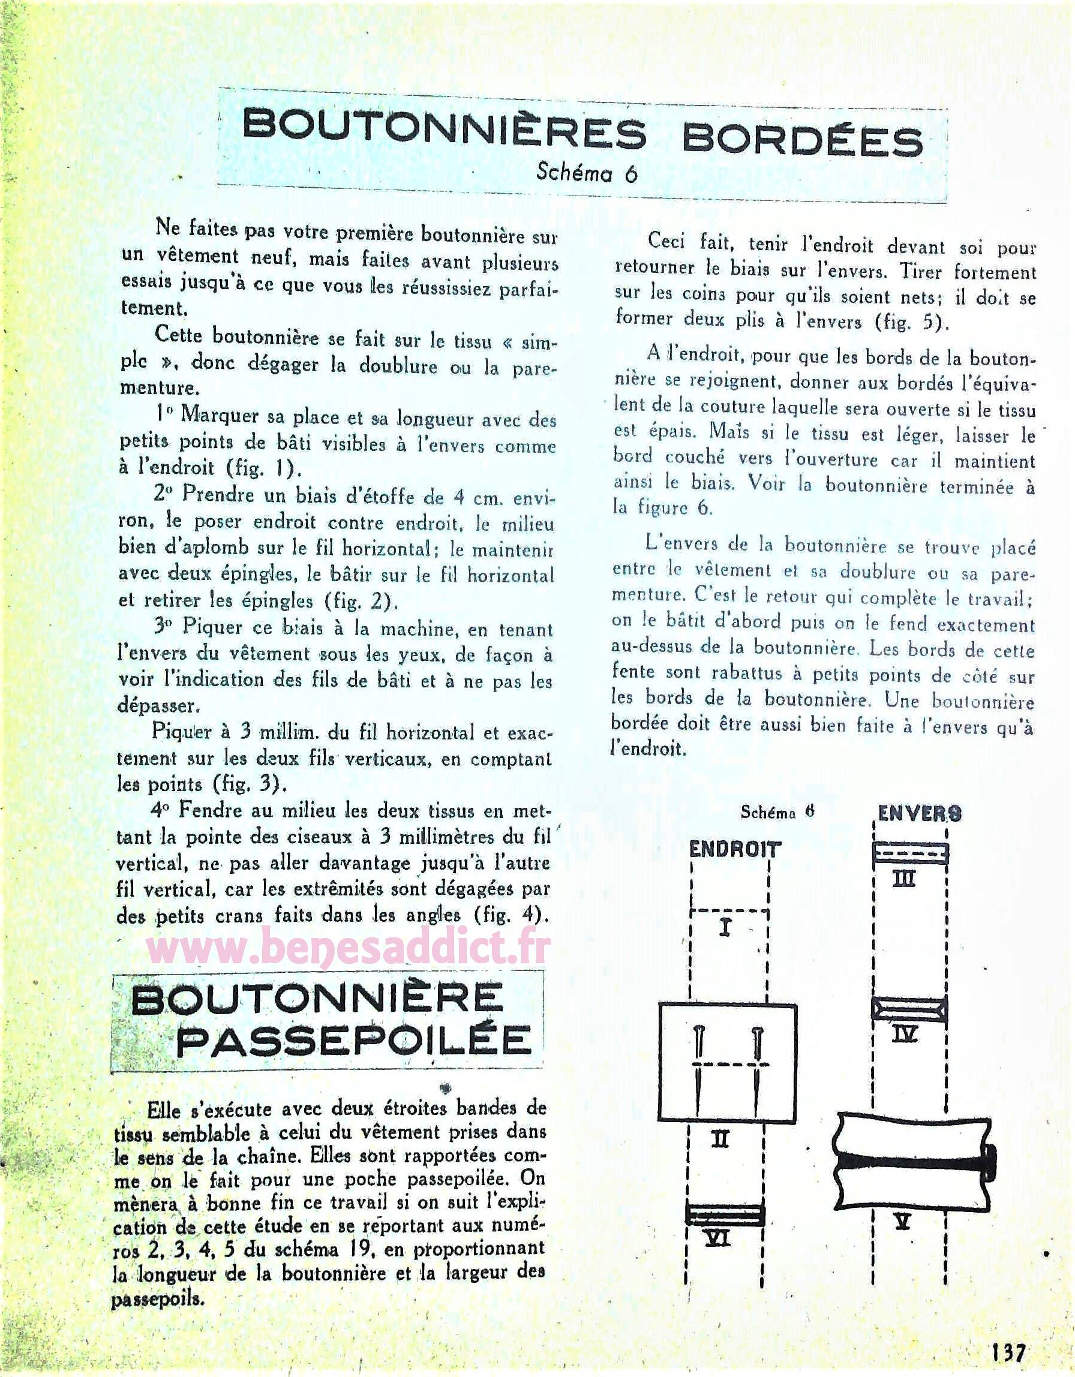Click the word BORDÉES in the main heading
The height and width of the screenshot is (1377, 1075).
click(802, 139)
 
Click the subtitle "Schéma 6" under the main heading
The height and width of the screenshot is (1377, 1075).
click(586, 172)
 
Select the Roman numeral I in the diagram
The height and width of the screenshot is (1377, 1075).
click(725, 928)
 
